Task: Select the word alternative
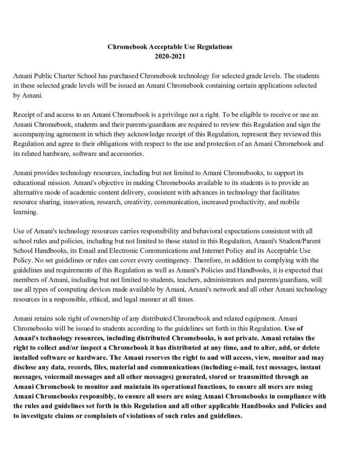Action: pyautogui.click(x=30, y=192)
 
